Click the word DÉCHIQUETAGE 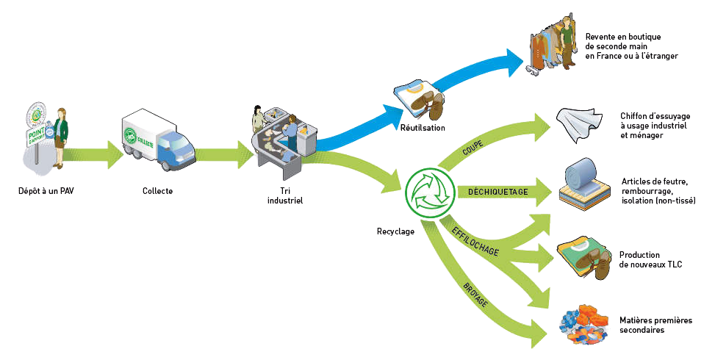click(x=498, y=192)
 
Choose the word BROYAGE click(x=475, y=293)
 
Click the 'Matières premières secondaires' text click(x=656, y=325)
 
